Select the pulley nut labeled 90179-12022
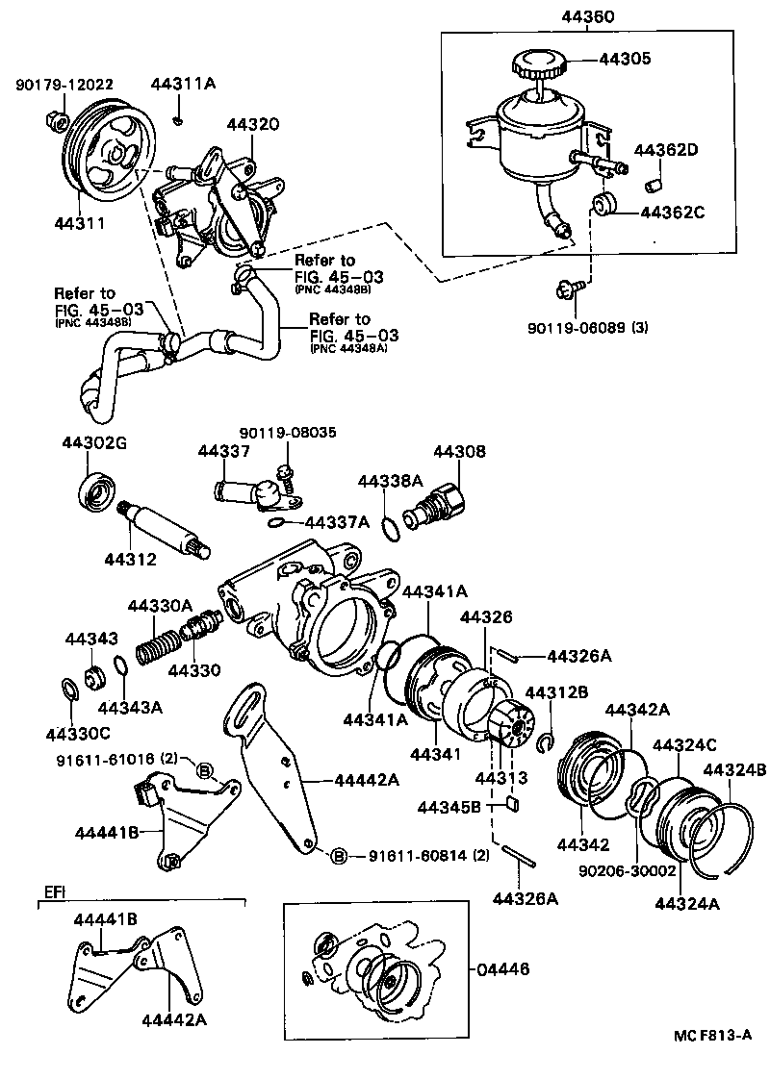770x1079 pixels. pyautogui.click(x=54, y=121)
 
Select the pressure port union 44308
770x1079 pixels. pyautogui.click(x=437, y=506)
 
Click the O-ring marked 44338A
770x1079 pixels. pyautogui.click(x=389, y=528)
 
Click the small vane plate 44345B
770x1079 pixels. pyautogui.click(x=513, y=804)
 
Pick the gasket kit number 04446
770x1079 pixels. pyautogui.click(x=502, y=970)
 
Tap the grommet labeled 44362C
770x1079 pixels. pyautogui.click(x=605, y=206)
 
